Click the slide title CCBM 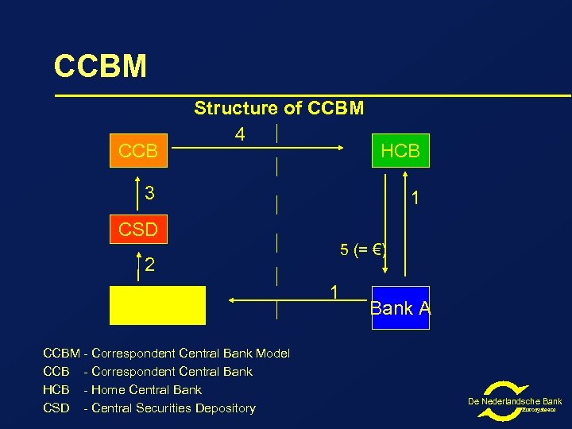pos(100,67)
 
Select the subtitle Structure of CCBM pos(279,108)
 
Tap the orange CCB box pos(138,150)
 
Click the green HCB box pos(400,150)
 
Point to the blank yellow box pos(157,306)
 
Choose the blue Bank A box pos(400,307)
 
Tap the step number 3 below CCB pos(149,193)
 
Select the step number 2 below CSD pos(149,265)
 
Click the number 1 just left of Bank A pos(336,293)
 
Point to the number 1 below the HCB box pos(415,197)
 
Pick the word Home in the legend pos(107,390)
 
